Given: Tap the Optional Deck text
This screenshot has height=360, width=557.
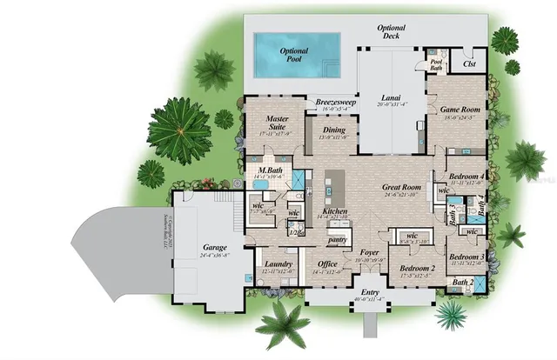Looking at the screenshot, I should tap(391, 32).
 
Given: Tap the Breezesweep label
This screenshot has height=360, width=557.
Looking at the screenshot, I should tap(334, 103).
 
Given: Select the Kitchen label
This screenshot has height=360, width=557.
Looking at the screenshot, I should tap(335, 211).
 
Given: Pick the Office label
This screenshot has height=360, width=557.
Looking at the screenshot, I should tap(327, 264).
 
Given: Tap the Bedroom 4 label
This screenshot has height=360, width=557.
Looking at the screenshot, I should tap(466, 177).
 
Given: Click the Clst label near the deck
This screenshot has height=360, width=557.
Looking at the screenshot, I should tap(470, 63).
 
